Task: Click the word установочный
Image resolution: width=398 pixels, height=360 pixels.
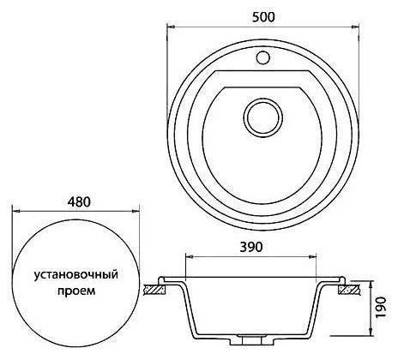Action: coord(75,275)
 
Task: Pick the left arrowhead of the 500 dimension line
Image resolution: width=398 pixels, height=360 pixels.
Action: coord(168,26)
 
